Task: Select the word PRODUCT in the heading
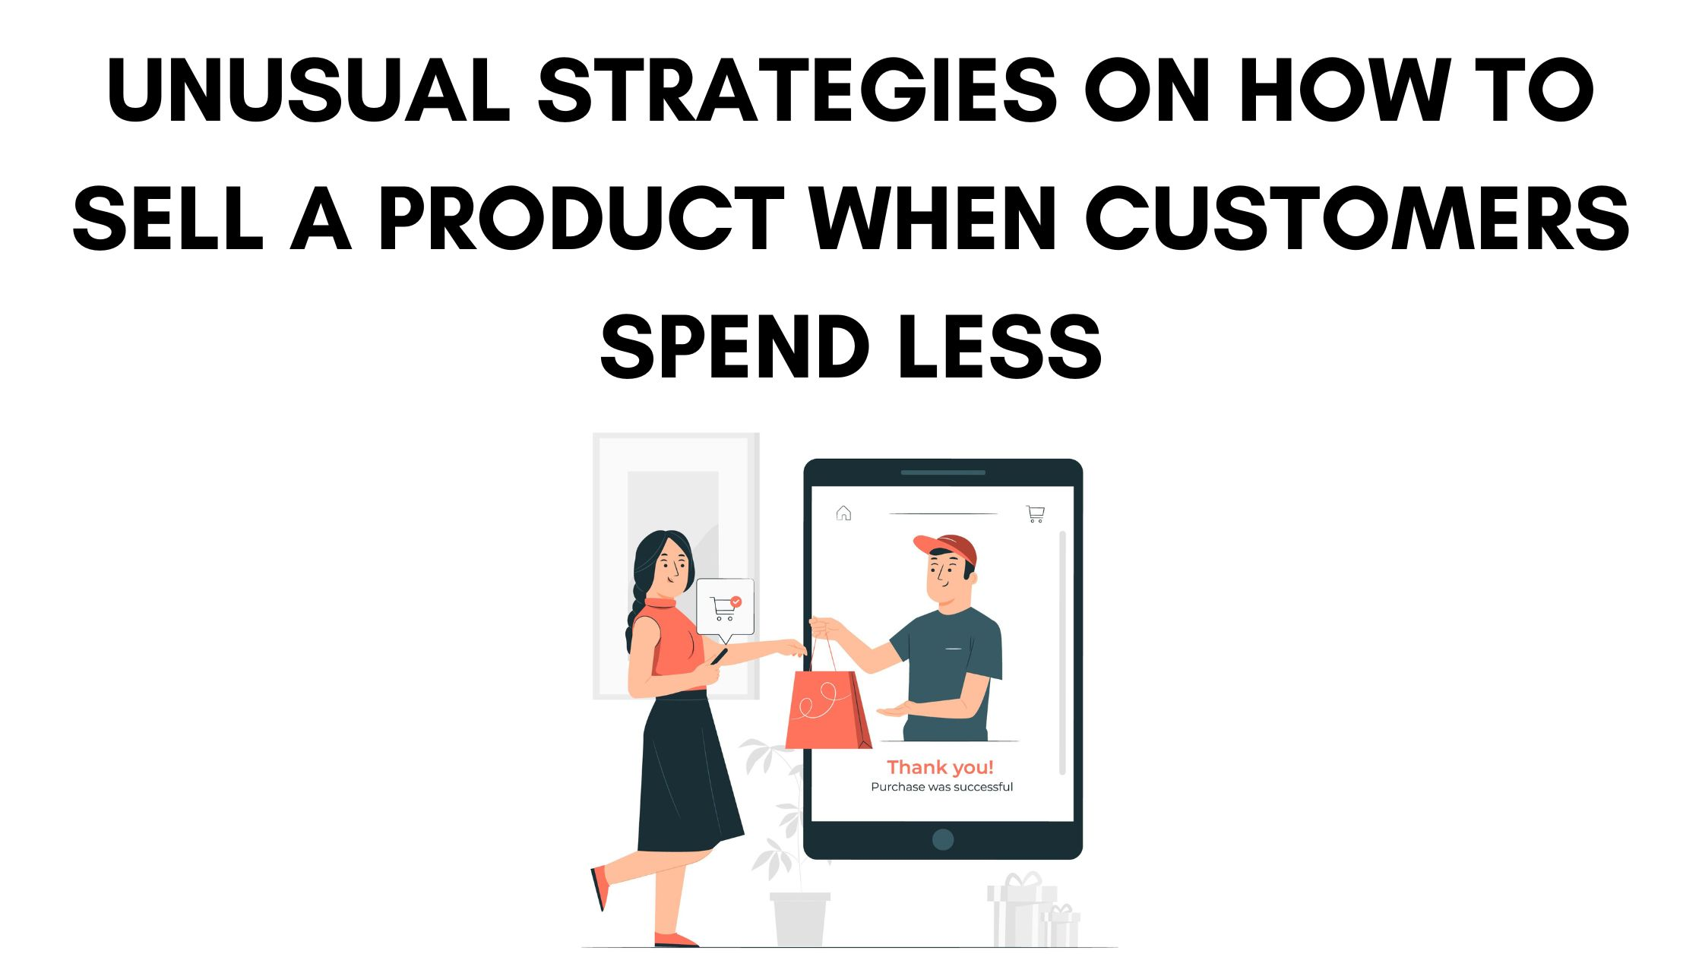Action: (581, 219)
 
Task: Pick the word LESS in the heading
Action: (999, 347)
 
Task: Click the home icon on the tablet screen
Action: (843, 513)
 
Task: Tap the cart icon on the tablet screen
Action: (1035, 514)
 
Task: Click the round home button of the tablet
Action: (943, 839)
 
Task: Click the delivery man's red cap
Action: (948, 547)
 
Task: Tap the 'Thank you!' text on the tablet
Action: (941, 767)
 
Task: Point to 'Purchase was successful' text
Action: (941, 787)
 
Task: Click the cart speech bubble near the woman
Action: (725, 606)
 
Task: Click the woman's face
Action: (670, 566)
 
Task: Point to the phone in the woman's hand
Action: (719, 655)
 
